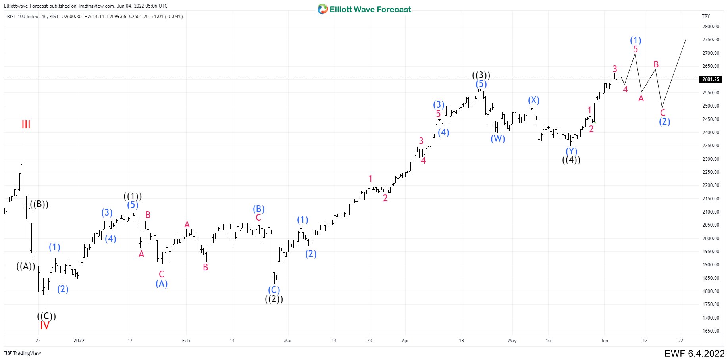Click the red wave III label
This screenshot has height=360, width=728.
click(26, 125)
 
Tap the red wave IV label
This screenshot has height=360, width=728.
click(45, 326)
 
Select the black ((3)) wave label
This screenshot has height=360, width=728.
click(481, 75)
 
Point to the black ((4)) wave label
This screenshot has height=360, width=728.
click(571, 160)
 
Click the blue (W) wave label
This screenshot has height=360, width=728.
click(498, 139)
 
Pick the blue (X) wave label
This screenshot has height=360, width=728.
click(533, 100)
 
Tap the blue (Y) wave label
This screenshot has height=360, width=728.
click(571, 151)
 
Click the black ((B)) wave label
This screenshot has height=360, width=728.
click(39, 204)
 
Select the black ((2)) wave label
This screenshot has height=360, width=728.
click(274, 299)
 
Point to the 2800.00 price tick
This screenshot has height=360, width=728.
click(711, 27)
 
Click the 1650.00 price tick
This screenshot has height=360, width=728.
click(711, 331)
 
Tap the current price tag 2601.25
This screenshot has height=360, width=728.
click(711, 79)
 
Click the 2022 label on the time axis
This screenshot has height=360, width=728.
click(79, 341)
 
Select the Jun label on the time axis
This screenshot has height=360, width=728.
click(604, 341)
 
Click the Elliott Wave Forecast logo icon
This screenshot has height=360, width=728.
click(323, 9)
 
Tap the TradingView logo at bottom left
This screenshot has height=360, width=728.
click(23, 353)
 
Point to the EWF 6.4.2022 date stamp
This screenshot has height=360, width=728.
click(694, 353)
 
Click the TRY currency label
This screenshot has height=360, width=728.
click(706, 16)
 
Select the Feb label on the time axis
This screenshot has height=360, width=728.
click(186, 341)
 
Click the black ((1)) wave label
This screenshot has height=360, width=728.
click(133, 196)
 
